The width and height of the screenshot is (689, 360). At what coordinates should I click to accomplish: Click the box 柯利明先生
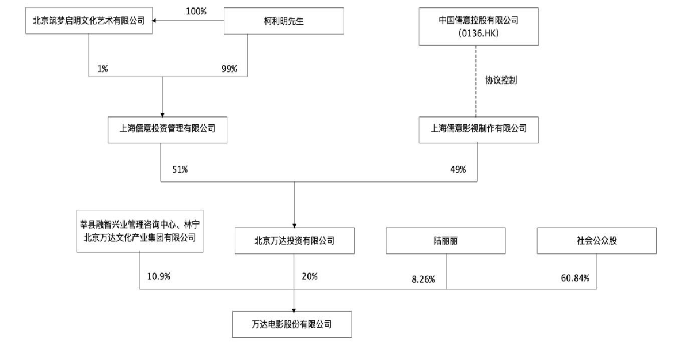pyautogui.click(x=284, y=21)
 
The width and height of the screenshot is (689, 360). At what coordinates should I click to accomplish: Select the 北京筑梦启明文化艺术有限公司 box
pyautogui.click(x=89, y=21)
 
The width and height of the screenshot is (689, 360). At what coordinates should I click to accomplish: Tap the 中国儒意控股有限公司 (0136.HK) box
pyautogui.click(x=478, y=26)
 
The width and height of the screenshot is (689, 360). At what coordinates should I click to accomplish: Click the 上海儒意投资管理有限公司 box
pyautogui.click(x=168, y=130)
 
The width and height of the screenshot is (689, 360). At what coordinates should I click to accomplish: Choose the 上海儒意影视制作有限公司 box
pyautogui.click(x=478, y=130)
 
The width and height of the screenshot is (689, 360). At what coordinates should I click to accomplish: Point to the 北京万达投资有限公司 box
pyautogui.click(x=294, y=240)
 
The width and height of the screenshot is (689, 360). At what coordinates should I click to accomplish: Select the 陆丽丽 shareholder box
pyautogui.click(x=446, y=240)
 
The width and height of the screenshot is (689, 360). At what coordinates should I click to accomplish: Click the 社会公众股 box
pyautogui.click(x=597, y=240)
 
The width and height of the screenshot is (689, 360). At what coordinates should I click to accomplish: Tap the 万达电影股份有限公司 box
pyautogui.click(x=292, y=324)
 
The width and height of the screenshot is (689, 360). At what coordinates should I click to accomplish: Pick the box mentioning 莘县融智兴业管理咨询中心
pyautogui.click(x=140, y=231)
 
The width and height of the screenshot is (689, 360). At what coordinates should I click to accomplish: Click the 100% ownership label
pyautogui.click(x=196, y=12)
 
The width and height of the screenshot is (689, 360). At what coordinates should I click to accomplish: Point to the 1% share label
pyautogui.click(x=103, y=69)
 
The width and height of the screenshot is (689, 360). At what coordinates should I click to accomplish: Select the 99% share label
pyautogui.click(x=229, y=69)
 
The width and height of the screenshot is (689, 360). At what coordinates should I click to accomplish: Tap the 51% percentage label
pyautogui.click(x=180, y=170)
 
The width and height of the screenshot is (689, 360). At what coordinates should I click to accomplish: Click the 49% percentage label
pyautogui.click(x=458, y=170)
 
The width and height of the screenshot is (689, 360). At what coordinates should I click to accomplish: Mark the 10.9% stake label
pyautogui.click(x=159, y=276)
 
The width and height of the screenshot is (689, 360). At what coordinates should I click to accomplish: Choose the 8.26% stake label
pyautogui.click(x=423, y=279)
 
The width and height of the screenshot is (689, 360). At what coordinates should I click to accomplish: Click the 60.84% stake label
pyautogui.click(x=575, y=278)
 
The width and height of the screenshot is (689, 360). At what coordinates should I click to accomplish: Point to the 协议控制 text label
pyautogui.click(x=501, y=80)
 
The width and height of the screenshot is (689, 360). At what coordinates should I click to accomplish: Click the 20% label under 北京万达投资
pyautogui.click(x=309, y=276)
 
